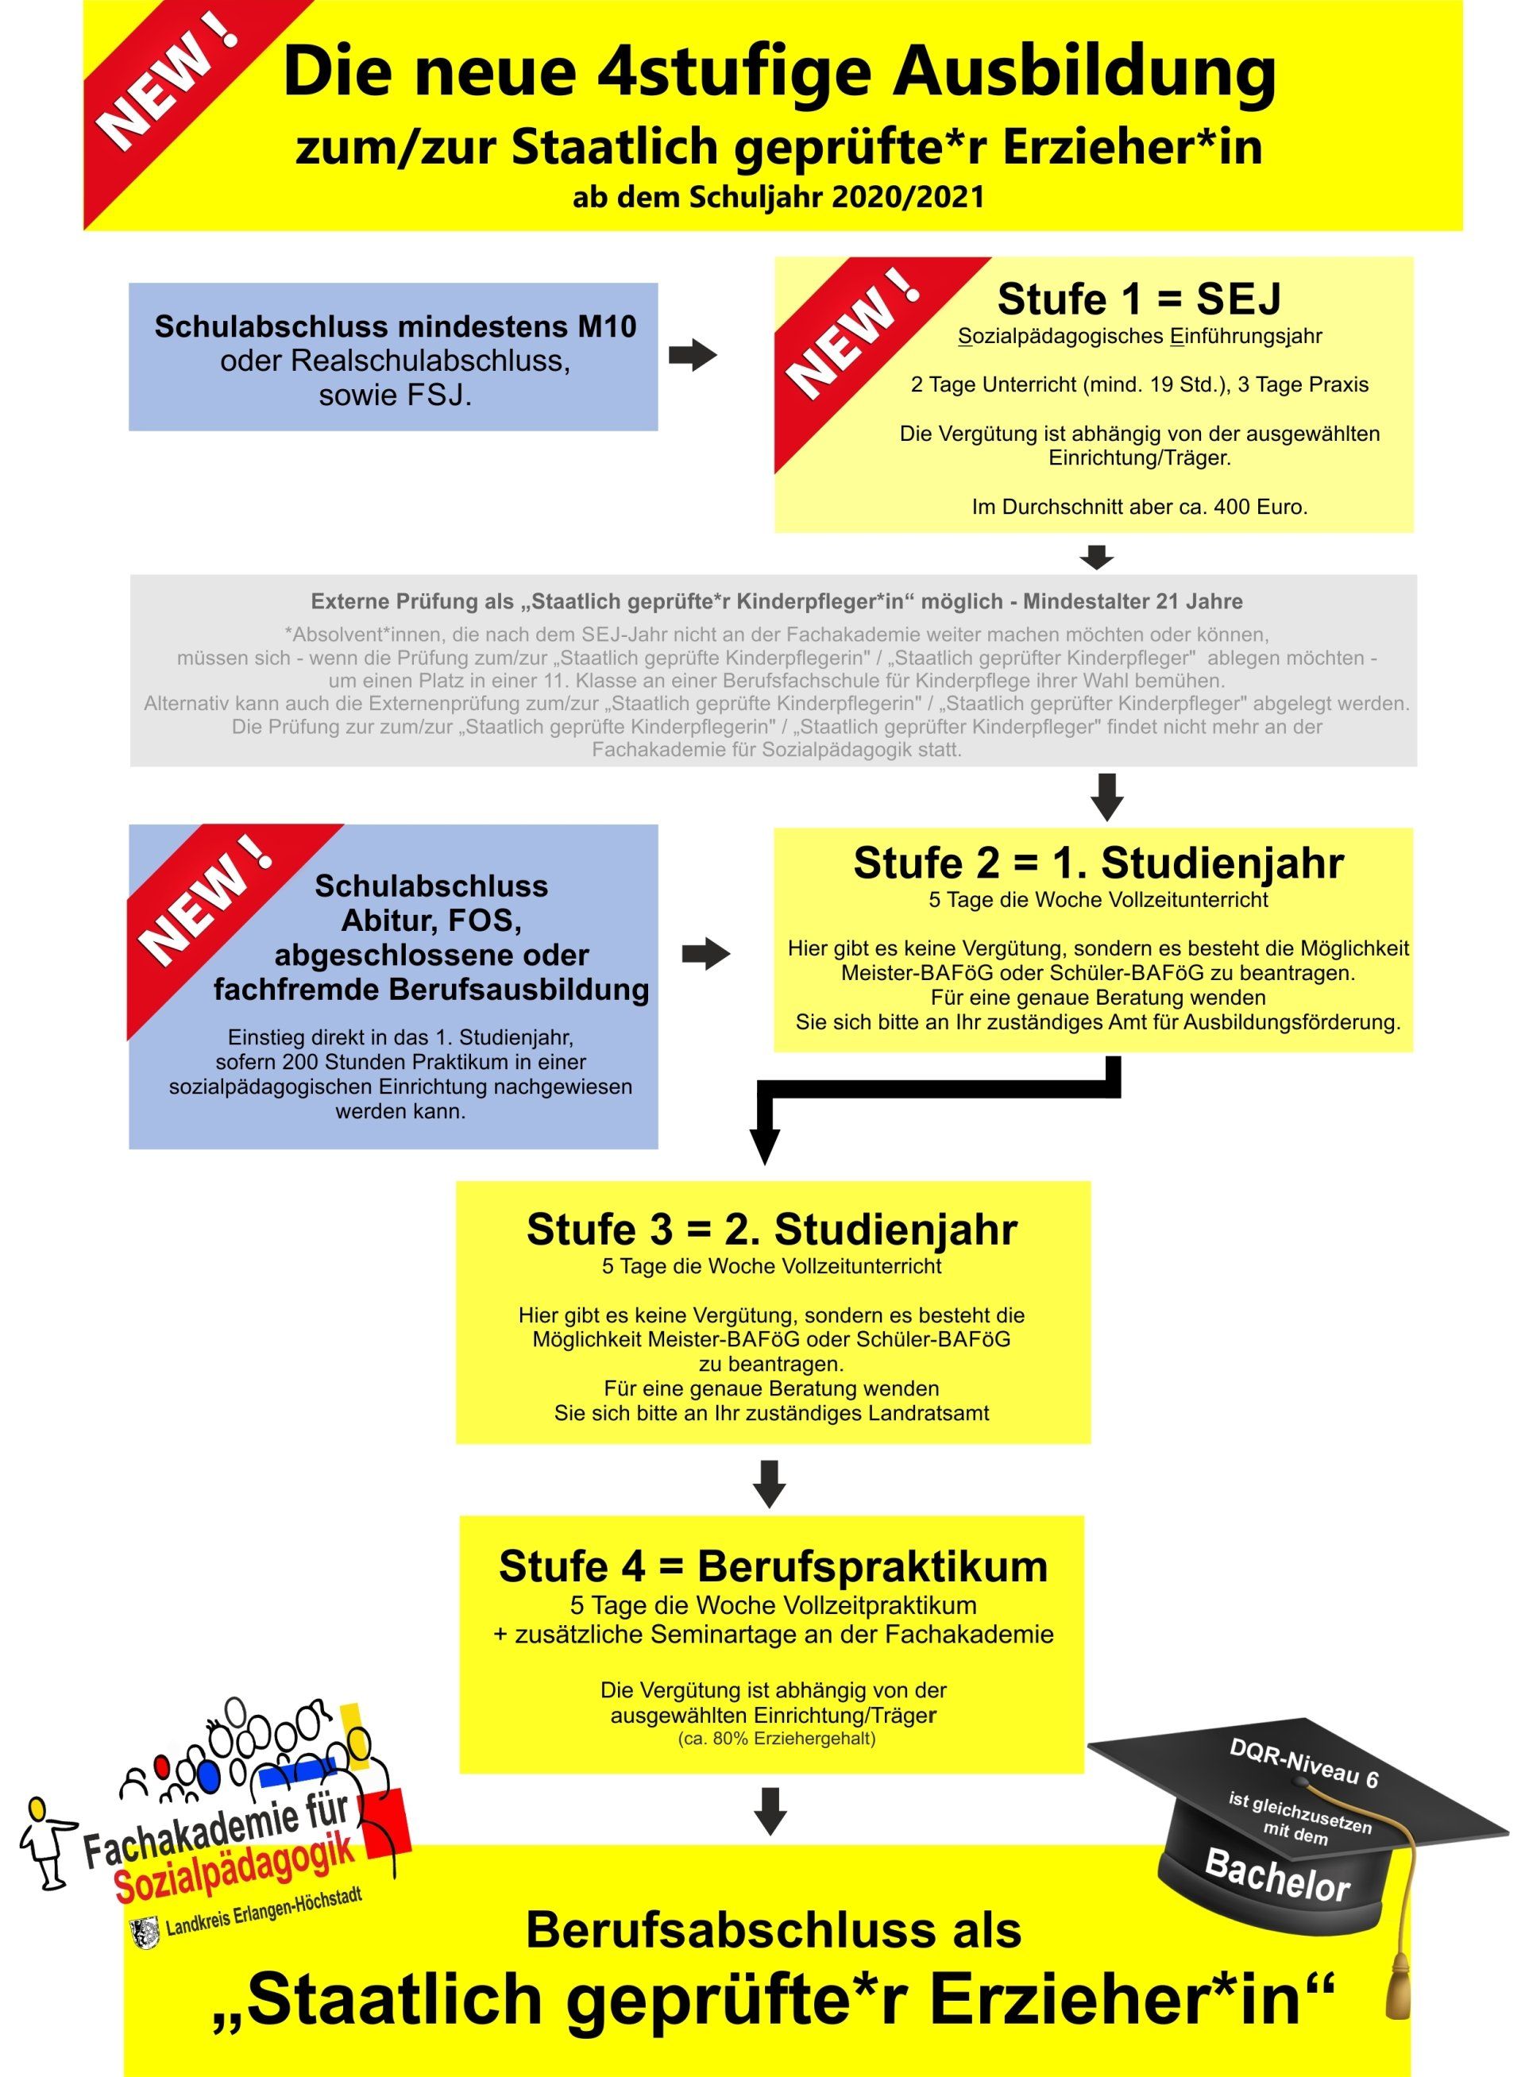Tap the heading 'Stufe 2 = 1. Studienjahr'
point(1098,863)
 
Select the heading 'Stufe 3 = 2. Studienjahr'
point(772,1230)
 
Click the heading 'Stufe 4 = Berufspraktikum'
point(774,1566)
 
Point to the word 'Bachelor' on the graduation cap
point(1278,1876)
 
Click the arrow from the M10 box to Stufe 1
point(693,354)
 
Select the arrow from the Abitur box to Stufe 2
point(706,955)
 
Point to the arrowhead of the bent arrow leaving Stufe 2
point(764,1146)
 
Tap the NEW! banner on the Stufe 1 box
point(859,342)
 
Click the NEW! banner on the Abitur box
point(212,909)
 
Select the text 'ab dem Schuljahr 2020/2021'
point(778,197)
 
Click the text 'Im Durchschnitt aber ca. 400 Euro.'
point(1139,507)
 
